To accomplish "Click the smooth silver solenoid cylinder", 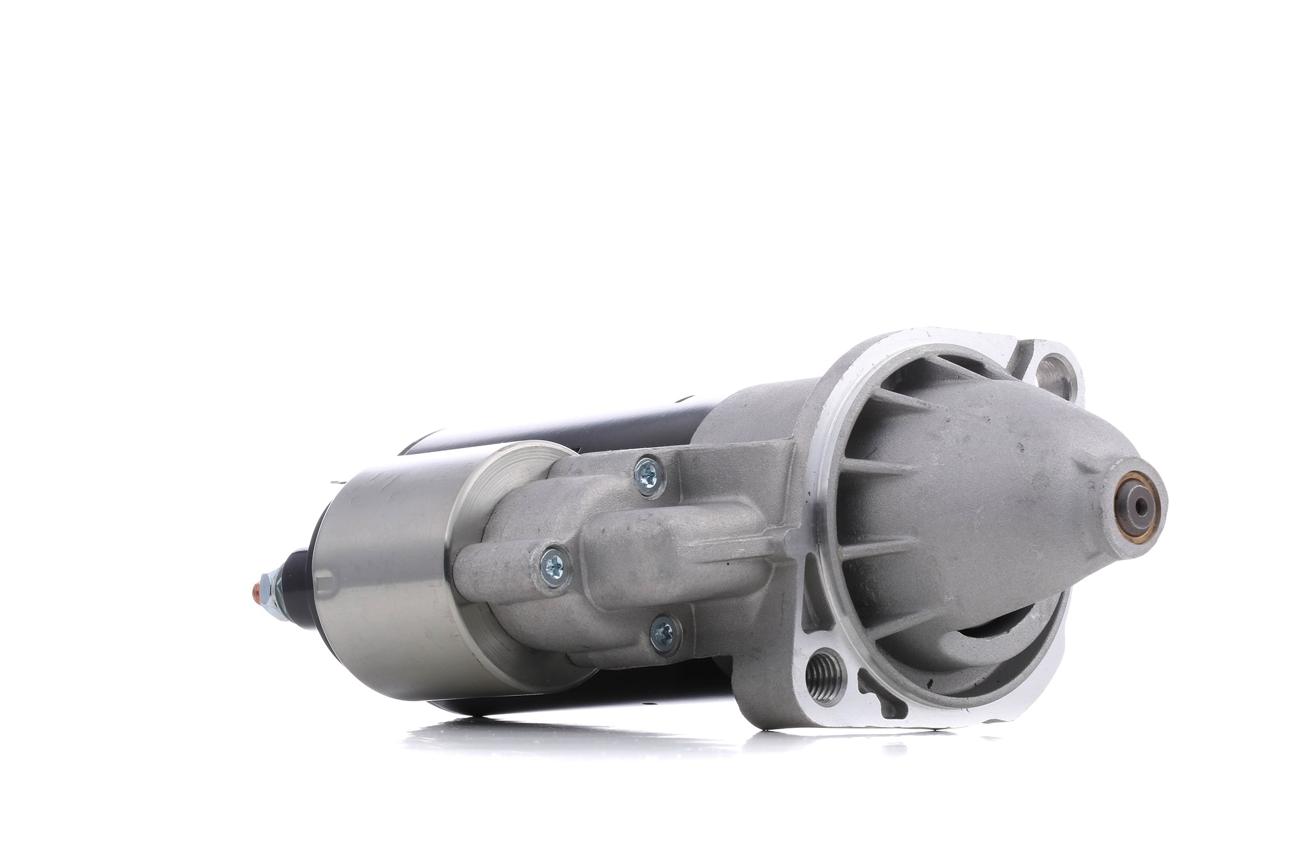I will [x=383, y=572].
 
